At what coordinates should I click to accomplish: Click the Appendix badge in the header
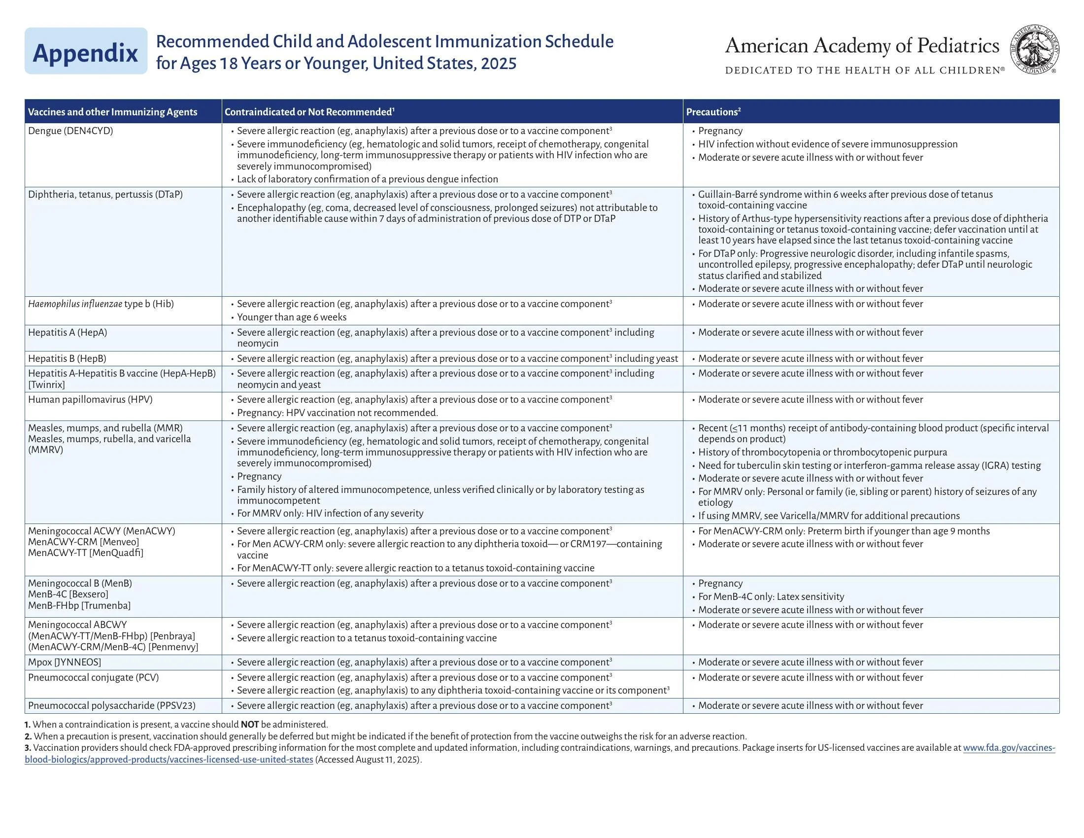point(85,52)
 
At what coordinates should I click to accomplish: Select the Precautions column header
point(713,112)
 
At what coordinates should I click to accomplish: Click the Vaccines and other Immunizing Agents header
point(112,112)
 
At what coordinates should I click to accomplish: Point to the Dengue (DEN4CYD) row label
point(70,131)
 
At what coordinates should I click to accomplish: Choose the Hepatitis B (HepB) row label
point(67,358)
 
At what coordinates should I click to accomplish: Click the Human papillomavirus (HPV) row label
point(90,400)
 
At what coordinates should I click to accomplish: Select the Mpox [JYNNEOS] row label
point(65,662)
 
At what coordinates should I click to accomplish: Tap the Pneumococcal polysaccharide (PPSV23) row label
point(112,705)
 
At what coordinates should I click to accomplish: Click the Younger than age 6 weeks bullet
point(291,317)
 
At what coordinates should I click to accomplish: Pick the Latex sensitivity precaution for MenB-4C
point(771,597)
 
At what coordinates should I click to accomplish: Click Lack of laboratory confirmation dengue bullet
point(367,179)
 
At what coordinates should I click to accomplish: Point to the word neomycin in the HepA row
point(258,344)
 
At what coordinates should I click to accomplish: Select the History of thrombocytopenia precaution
point(822,452)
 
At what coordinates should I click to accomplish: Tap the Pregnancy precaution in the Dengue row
point(720,131)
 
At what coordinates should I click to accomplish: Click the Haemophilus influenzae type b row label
point(101,304)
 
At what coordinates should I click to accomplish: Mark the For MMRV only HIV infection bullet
point(330,513)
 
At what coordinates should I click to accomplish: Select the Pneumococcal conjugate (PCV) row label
point(93,678)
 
